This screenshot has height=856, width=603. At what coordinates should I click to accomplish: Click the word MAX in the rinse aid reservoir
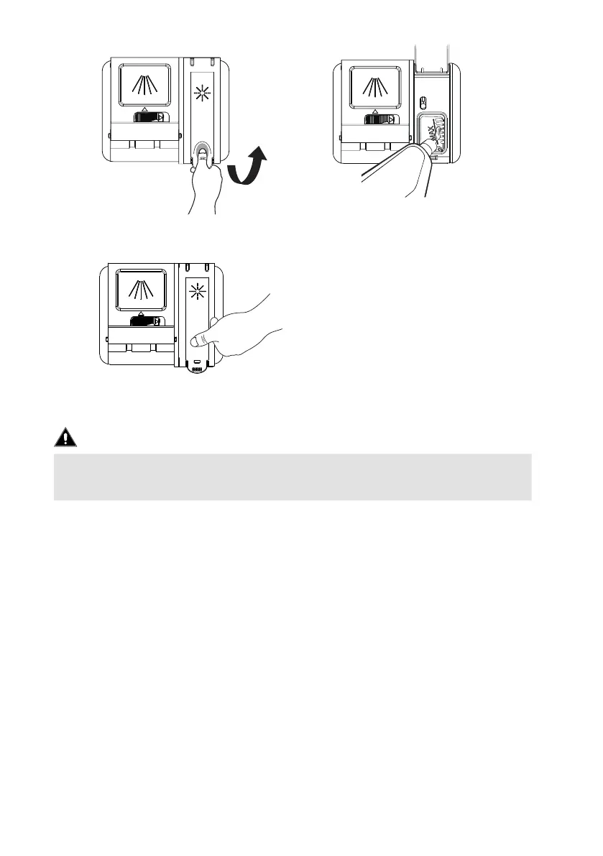(431, 131)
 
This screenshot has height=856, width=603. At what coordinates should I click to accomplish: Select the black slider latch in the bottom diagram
(147, 321)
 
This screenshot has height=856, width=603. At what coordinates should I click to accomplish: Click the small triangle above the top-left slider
(144, 109)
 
